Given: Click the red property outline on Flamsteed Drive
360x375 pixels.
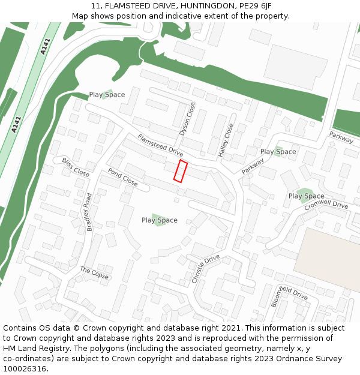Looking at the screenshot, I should pos(181,170).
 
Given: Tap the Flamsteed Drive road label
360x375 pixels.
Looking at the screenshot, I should pos(160,146).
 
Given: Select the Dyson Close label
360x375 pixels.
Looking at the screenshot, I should pos(187,119).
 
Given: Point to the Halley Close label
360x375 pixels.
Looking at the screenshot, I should pos(226,140).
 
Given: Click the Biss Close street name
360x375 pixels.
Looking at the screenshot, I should pos(76,167).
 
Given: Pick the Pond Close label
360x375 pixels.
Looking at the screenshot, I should pos(122,176).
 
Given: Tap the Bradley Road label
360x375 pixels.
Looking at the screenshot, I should pos(89,212).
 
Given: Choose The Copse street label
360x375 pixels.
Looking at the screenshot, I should pos(94,273).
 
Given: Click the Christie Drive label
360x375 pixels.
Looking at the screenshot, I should pos(206,269).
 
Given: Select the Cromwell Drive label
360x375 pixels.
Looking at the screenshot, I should pos(326,205).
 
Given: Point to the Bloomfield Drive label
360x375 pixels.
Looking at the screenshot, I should pos(289,296).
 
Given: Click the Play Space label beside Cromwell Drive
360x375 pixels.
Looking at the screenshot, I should pos(306,196).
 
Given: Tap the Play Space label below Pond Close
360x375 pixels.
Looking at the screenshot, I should pos(160,220).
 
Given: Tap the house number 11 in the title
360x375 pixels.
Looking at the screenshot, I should pos(95,6).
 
